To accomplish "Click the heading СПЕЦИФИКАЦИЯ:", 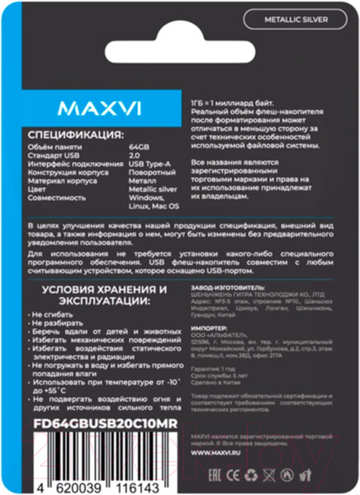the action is [77, 134].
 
